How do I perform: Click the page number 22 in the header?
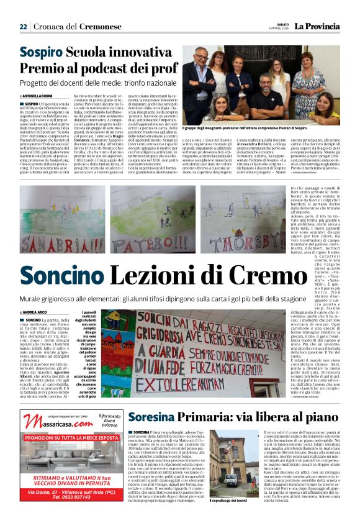[23, 26]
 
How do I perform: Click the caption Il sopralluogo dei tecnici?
[228, 500]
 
